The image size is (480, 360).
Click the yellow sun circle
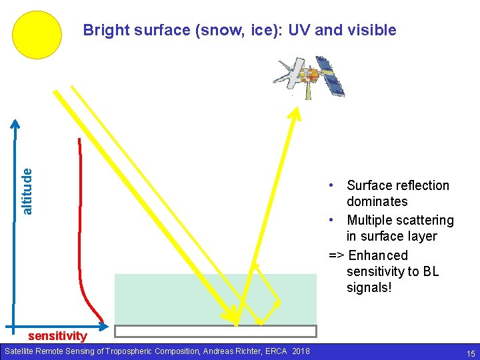pos(37,35)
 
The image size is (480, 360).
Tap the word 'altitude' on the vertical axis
pos(27,191)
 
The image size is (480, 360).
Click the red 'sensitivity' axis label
pos(57,335)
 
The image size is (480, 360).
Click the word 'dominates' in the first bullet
pos(377,201)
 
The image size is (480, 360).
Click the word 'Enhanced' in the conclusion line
pos(378,255)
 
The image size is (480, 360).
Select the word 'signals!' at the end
pos(369,287)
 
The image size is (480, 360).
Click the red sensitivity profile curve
pos(80,220)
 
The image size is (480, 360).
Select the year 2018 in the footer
pos(300,351)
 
